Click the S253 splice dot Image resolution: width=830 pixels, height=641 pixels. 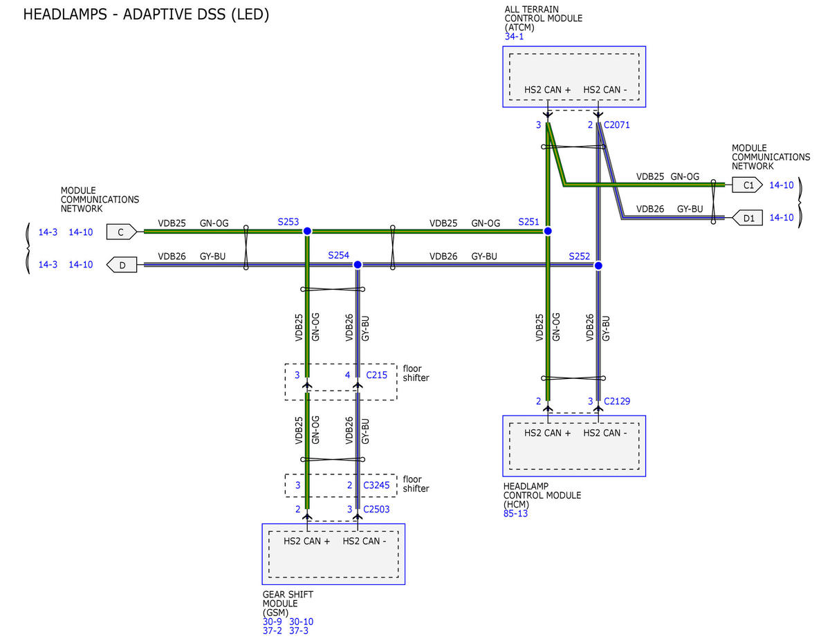(x=307, y=231)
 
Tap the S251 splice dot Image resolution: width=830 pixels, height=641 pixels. (x=547, y=231)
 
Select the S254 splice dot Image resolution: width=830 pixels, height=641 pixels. (x=358, y=265)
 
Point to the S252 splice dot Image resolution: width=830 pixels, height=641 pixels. (x=598, y=266)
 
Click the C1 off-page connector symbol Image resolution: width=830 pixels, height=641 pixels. (x=747, y=185)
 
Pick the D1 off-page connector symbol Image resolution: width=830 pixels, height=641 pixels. (x=747, y=218)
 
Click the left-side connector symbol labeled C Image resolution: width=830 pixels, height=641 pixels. (x=122, y=232)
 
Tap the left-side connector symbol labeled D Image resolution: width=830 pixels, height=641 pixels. (x=122, y=265)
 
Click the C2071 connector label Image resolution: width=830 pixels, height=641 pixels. (x=616, y=125)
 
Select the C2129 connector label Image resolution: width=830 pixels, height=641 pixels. (x=617, y=401)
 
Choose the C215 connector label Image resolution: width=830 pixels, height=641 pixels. (x=377, y=375)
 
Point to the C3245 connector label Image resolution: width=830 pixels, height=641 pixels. (x=376, y=485)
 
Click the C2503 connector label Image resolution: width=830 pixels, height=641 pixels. (x=376, y=509)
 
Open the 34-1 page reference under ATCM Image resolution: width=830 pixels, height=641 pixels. (x=514, y=37)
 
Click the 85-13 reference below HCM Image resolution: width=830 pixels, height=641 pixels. (x=515, y=514)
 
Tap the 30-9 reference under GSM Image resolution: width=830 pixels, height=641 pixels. (x=272, y=622)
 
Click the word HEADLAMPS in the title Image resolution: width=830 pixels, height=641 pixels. (x=65, y=15)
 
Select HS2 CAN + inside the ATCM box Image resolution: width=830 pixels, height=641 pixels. (x=547, y=90)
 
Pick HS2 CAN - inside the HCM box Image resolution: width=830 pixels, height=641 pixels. (x=605, y=433)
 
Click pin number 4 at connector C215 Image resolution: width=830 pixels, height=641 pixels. (x=348, y=375)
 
